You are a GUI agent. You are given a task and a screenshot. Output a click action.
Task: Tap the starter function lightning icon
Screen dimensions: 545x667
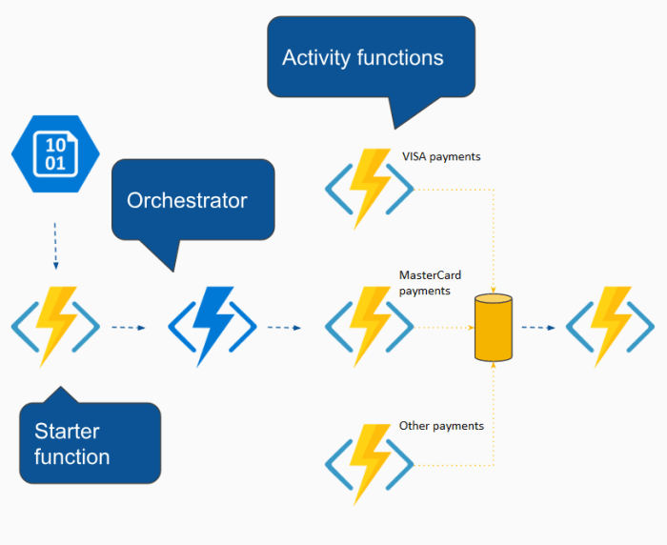click(x=55, y=327)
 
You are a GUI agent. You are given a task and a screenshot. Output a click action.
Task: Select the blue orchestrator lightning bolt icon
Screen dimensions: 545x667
click(x=212, y=327)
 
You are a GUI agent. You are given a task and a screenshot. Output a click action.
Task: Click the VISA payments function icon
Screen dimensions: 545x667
click(x=369, y=189)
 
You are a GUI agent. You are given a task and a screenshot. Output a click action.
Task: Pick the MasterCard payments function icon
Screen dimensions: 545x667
click(x=369, y=327)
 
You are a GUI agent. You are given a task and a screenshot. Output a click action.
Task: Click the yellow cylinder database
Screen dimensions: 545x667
click(x=494, y=328)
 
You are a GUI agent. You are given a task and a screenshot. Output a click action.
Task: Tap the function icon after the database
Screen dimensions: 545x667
click(x=610, y=327)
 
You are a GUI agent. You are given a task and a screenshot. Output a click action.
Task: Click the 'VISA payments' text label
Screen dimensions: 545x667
click(x=441, y=156)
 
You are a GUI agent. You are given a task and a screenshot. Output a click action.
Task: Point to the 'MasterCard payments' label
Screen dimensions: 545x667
click(x=430, y=283)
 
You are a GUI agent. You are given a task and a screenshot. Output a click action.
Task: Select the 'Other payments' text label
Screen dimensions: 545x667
click(x=441, y=426)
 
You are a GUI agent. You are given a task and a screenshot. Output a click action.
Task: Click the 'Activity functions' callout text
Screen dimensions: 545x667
click(x=362, y=57)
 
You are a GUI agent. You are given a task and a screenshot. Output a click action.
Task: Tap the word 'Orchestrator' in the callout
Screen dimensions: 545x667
click(x=187, y=200)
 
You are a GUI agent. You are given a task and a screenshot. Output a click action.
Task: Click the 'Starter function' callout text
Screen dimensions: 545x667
click(x=72, y=444)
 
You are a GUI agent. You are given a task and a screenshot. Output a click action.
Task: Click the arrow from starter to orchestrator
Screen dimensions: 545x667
click(x=128, y=328)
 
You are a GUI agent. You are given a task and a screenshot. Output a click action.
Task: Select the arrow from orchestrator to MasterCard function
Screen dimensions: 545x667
click(x=283, y=328)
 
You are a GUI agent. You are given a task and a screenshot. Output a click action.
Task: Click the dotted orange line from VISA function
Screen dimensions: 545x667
click(x=454, y=189)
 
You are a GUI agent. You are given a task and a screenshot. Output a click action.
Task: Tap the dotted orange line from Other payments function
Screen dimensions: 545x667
click(x=454, y=465)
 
